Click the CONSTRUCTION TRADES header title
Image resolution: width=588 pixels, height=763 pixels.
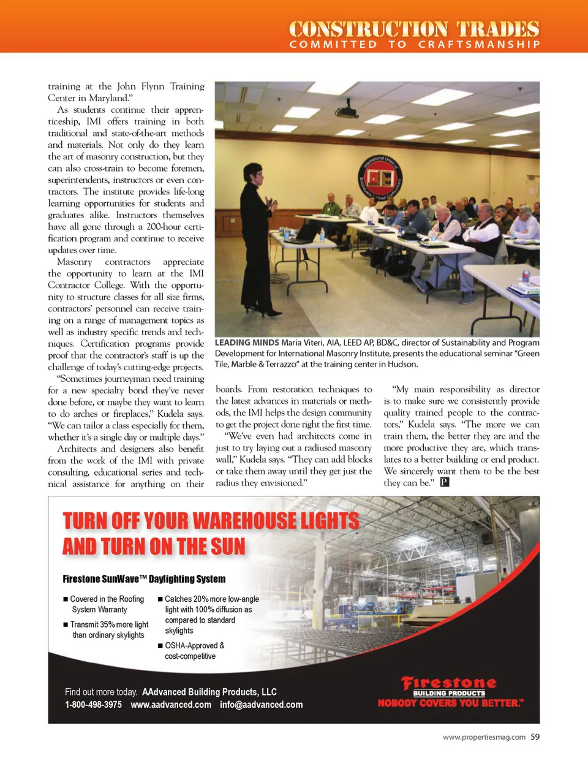pos(414,29)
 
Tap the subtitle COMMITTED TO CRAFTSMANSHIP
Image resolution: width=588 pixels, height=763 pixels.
pos(415,45)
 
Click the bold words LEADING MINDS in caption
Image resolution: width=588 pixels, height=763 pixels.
pos(246,343)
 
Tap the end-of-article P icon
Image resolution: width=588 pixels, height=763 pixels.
pos(445,482)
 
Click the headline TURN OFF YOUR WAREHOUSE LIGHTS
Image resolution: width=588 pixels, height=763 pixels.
pos(211,521)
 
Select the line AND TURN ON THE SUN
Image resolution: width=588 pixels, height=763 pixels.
pos(154,546)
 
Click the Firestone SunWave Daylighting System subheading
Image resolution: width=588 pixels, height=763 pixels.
pos(144,579)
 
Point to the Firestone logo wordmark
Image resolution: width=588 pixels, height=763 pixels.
pos(449,683)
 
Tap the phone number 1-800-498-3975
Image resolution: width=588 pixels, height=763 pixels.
pos(93,705)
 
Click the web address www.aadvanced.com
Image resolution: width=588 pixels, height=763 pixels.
pos(171,705)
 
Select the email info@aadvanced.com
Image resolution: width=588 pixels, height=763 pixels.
pos(261,705)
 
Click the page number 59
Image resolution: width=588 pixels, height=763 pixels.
pos(535,737)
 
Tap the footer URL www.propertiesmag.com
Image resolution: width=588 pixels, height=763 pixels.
pos(484,737)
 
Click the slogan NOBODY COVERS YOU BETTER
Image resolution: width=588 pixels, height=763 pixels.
pos(450,703)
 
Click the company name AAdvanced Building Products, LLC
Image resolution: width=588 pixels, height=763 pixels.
pos(209,692)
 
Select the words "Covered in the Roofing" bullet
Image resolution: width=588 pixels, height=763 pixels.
pos(107,599)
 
